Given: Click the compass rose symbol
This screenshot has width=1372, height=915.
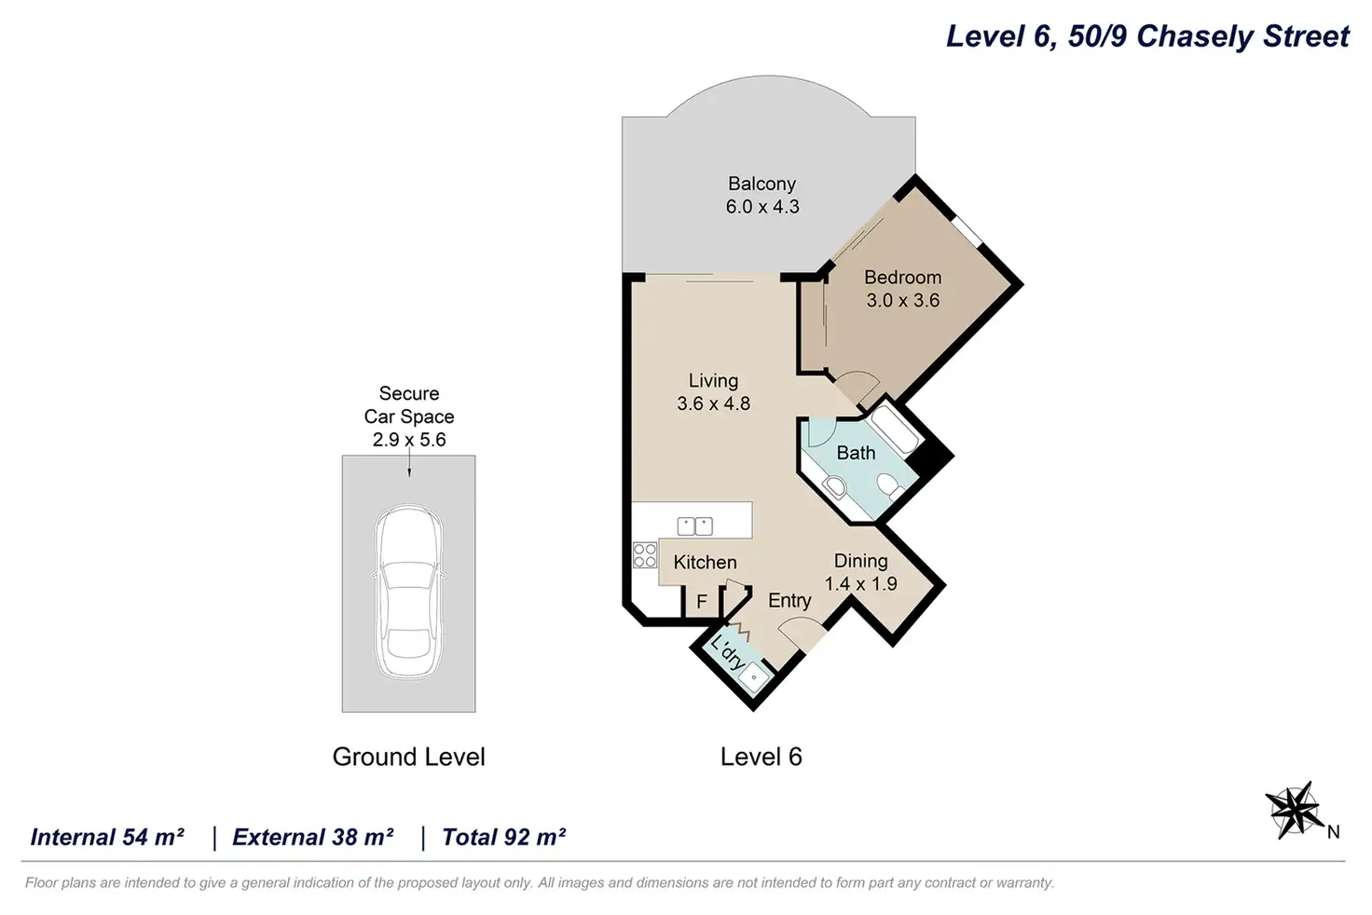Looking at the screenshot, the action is tap(1294, 811).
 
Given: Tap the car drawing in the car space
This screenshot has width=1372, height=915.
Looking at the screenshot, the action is tap(408, 593).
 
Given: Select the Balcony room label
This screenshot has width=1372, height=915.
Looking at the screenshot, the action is tap(761, 184).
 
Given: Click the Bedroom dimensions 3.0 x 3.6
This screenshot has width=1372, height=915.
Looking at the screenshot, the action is tap(903, 300).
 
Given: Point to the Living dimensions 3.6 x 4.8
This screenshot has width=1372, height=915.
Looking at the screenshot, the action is tap(714, 403).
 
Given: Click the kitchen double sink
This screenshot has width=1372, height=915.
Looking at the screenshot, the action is tap(694, 526).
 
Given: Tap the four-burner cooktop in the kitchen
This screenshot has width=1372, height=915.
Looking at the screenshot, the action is tap(645, 555).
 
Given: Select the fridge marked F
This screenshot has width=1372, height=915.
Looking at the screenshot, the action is tap(702, 601).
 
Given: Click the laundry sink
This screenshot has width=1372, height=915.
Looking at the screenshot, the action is tap(753, 677).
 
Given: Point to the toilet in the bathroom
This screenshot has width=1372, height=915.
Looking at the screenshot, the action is tap(890, 485).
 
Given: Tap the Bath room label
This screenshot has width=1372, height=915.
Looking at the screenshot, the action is tap(856, 453).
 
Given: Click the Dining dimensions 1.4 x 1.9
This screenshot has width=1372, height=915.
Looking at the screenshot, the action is tap(860, 583).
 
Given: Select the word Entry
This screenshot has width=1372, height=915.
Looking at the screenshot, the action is tap(789, 601).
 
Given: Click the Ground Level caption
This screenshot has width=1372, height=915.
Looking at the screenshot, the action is tap(408, 757).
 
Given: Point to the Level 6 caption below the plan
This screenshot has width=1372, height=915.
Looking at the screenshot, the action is tap(761, 757).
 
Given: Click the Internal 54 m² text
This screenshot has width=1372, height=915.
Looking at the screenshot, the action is tap(107, 838).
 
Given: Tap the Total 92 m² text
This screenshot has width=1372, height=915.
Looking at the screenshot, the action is tap(503, 838).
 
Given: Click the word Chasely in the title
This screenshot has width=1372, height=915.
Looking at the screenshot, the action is tap(1196, 36).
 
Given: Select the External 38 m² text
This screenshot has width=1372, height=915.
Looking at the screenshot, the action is tap(312, 838).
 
